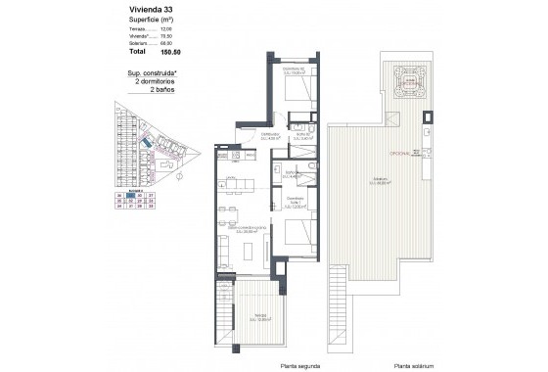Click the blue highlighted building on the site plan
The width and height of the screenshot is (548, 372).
coord(147,146)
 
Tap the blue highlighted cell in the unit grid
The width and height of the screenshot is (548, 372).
coord(131,196)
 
